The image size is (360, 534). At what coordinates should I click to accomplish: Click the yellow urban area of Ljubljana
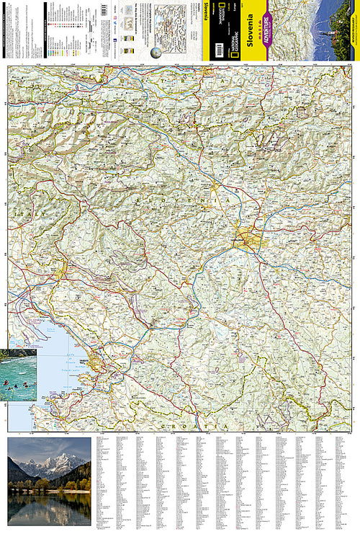[247, 240]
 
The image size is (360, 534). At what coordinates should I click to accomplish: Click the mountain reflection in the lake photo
[50, 508]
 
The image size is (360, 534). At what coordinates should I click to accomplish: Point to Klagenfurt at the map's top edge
[238, 72]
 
